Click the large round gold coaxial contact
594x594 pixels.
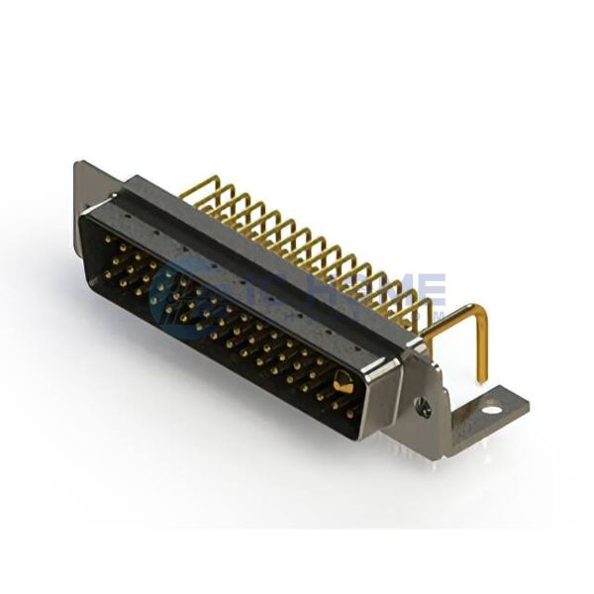click(344, 382)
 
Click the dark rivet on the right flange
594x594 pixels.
click(423, 404)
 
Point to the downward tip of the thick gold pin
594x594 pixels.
click(482, 376)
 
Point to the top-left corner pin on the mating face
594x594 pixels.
click(107, 239)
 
